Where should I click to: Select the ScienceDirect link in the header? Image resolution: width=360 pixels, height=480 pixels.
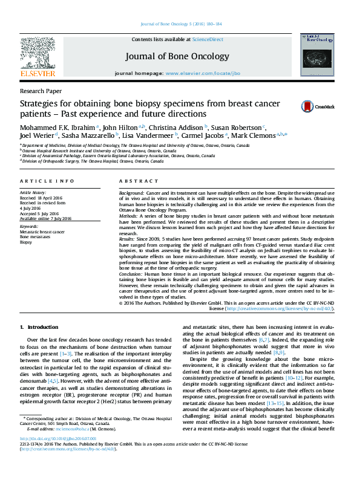point(208,39)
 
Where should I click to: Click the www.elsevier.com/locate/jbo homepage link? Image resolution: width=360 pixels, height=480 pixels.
point(202,73)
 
